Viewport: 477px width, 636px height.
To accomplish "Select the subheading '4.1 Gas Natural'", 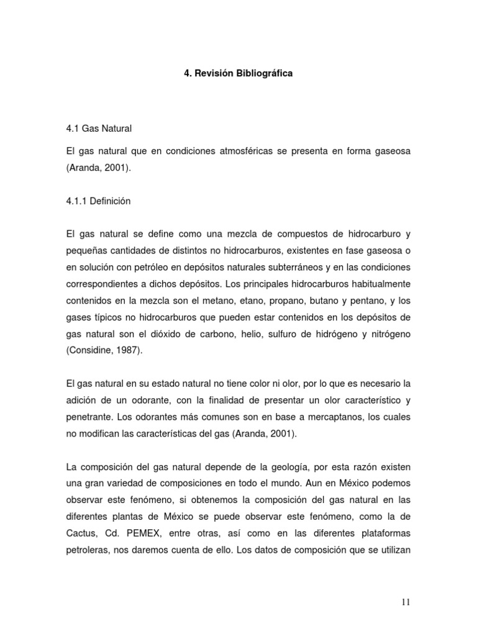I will click(99, 129).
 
